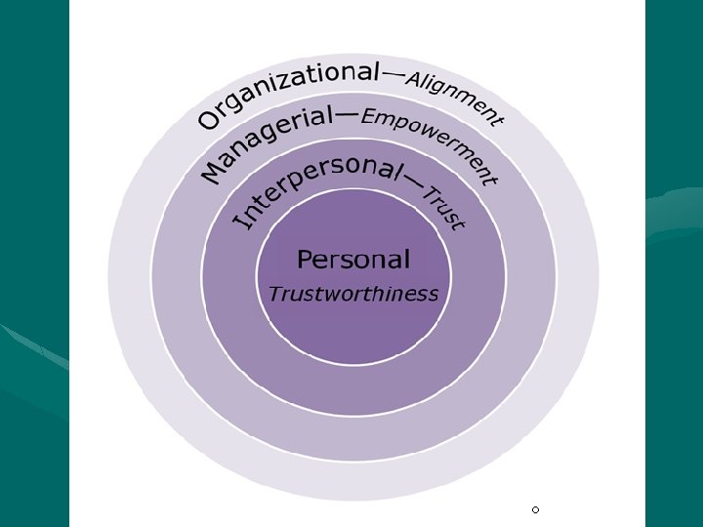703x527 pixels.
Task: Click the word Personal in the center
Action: pos(353,260)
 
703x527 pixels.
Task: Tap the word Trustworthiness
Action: pos(353,294)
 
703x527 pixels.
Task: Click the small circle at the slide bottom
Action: pos(535,510)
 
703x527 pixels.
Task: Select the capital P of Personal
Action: pos(306,260)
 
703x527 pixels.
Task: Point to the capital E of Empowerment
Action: pos(369,118)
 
